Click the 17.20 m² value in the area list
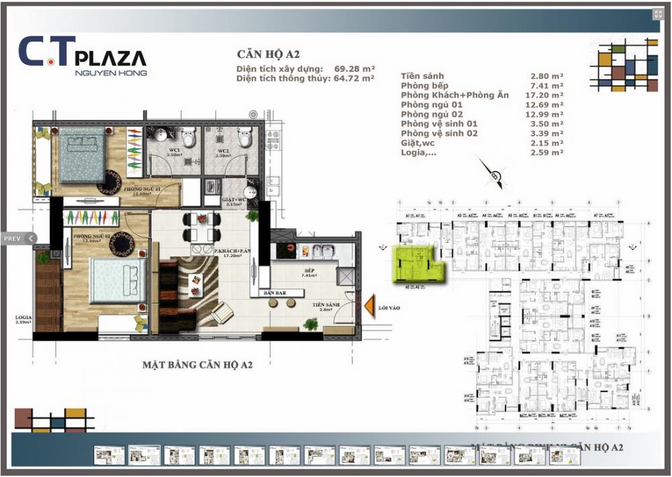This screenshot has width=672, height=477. click(x=547, y=96)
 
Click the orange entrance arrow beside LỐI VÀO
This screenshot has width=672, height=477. click(x=369, y=306)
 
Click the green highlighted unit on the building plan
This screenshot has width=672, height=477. click(x=417, y=264)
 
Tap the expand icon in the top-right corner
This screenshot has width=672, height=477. click(x=658, y=15)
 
